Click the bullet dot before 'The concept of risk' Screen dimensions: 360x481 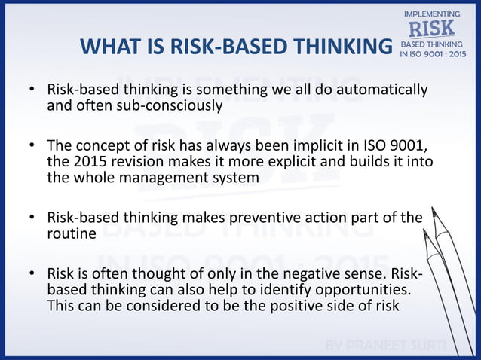coord(32,145)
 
